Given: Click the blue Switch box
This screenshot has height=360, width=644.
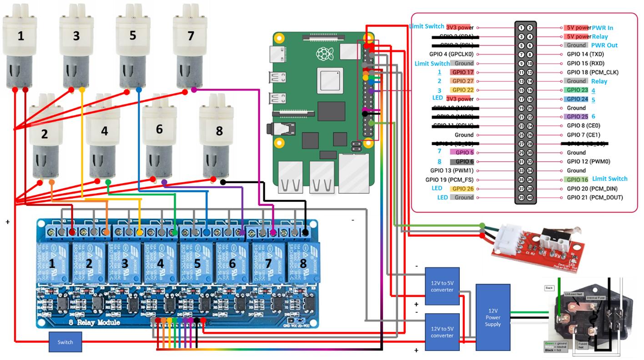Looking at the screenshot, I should coord(65,342).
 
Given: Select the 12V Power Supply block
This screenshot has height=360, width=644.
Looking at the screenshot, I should coord(493,317).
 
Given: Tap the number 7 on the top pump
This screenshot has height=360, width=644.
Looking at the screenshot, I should coord(191,35).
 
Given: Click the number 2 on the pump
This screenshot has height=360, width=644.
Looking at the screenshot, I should coord(44,134).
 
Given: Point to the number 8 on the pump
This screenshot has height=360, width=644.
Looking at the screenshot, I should coord(219,131).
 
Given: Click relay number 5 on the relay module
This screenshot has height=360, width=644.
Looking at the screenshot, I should coord(197,264).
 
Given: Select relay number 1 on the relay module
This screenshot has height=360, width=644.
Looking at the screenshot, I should coord(52,264).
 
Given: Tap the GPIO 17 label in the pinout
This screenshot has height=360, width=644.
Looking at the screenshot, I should coord(463,72).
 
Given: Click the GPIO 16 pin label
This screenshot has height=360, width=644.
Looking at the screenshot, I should coord(576,180).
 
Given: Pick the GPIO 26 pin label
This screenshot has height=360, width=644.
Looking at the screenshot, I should coord(463,189).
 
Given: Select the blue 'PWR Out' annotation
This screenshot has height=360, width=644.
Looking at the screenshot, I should coord(604,45).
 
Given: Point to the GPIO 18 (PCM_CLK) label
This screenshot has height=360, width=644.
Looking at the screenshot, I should coord(593,72).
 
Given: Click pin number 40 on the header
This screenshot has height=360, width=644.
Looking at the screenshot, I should coord(530,198).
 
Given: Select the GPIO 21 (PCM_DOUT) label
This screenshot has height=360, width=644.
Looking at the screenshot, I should coord(594,198).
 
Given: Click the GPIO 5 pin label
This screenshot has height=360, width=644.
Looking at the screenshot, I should coord(463,153).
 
